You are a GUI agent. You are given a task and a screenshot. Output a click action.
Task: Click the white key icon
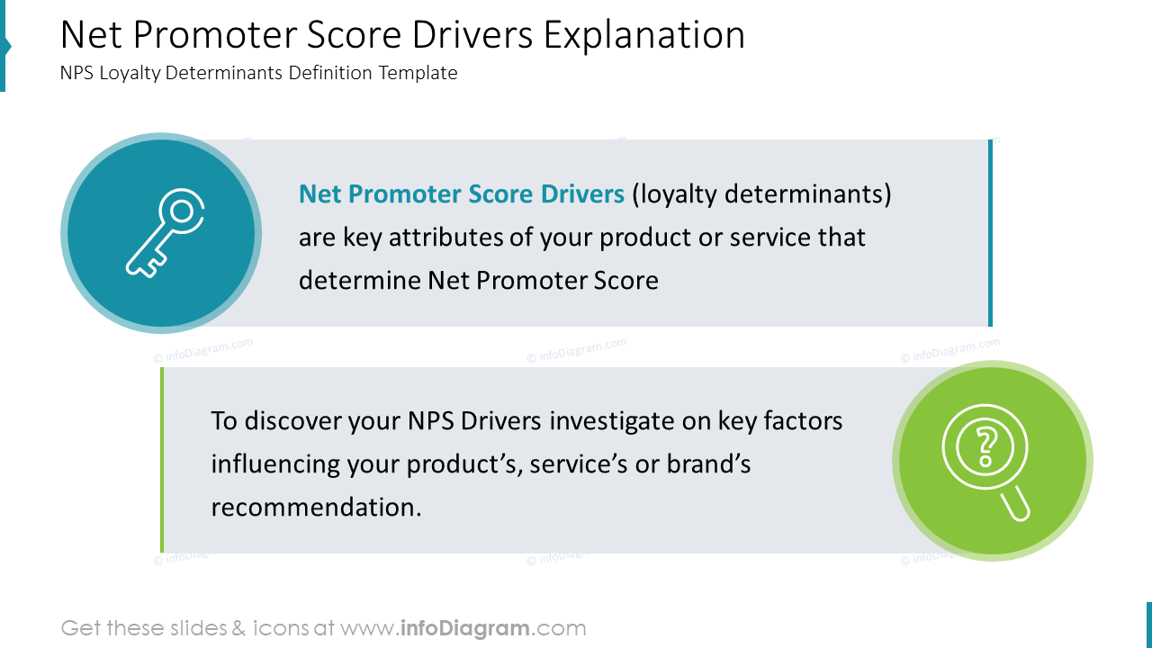coord(161,233)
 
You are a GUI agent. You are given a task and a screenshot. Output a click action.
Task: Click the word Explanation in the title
coord(643,35)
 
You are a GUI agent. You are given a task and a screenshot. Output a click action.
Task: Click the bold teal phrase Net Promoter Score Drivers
coord(461,194)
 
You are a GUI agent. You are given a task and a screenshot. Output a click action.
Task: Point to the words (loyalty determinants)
coord(761,194)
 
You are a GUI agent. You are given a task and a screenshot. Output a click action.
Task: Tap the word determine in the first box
coord(360,281)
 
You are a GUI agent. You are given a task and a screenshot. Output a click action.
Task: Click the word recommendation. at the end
coord(316,508)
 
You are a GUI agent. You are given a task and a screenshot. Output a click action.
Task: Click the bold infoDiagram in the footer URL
coord(464,628)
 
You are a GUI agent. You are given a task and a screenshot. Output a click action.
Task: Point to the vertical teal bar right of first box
coord(990,233)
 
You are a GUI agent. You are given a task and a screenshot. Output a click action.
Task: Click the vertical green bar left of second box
coord(162,460)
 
